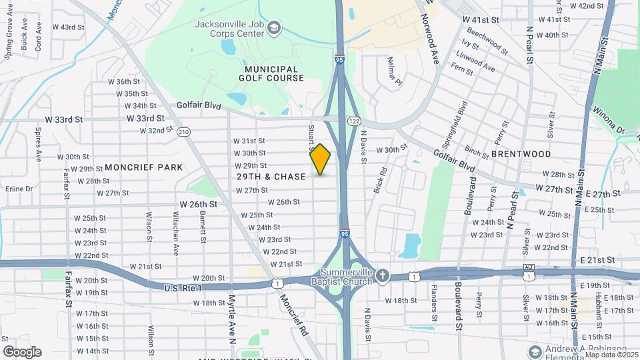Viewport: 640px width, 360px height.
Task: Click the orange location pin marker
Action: pos(321,159)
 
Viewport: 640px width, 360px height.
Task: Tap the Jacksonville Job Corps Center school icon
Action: pos(274,27)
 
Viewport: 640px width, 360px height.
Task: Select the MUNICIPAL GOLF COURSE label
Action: pos(271,73)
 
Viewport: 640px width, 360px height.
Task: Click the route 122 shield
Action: pos(353,121)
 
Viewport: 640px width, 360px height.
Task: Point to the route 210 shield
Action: pos(184,131)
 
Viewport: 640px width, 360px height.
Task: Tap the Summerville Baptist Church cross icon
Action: pos(382,275)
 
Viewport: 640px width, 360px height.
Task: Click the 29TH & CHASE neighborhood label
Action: pos(271,177)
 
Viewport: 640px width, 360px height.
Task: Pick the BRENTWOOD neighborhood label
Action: pos(521,154)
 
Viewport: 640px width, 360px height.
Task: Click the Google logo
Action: pos(22,351)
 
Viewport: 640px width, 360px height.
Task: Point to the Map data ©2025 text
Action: pos(611,355)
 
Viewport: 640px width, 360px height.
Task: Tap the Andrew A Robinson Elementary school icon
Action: pos(533,351)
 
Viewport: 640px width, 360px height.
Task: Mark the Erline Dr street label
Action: pos(19,189)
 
